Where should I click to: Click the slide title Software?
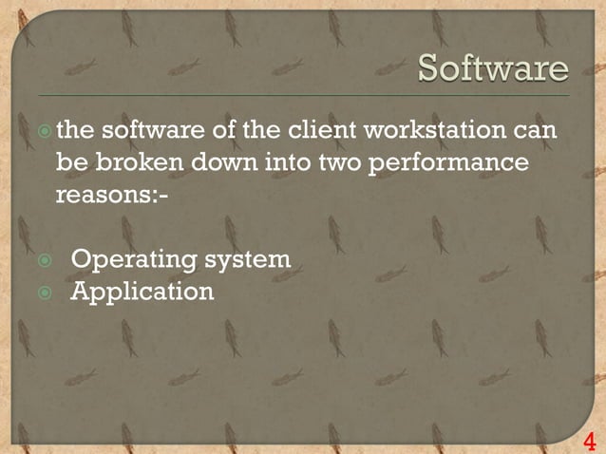(x=494, y=68)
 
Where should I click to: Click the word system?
(x=248, y=259)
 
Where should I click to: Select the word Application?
(x=142, y=291)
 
